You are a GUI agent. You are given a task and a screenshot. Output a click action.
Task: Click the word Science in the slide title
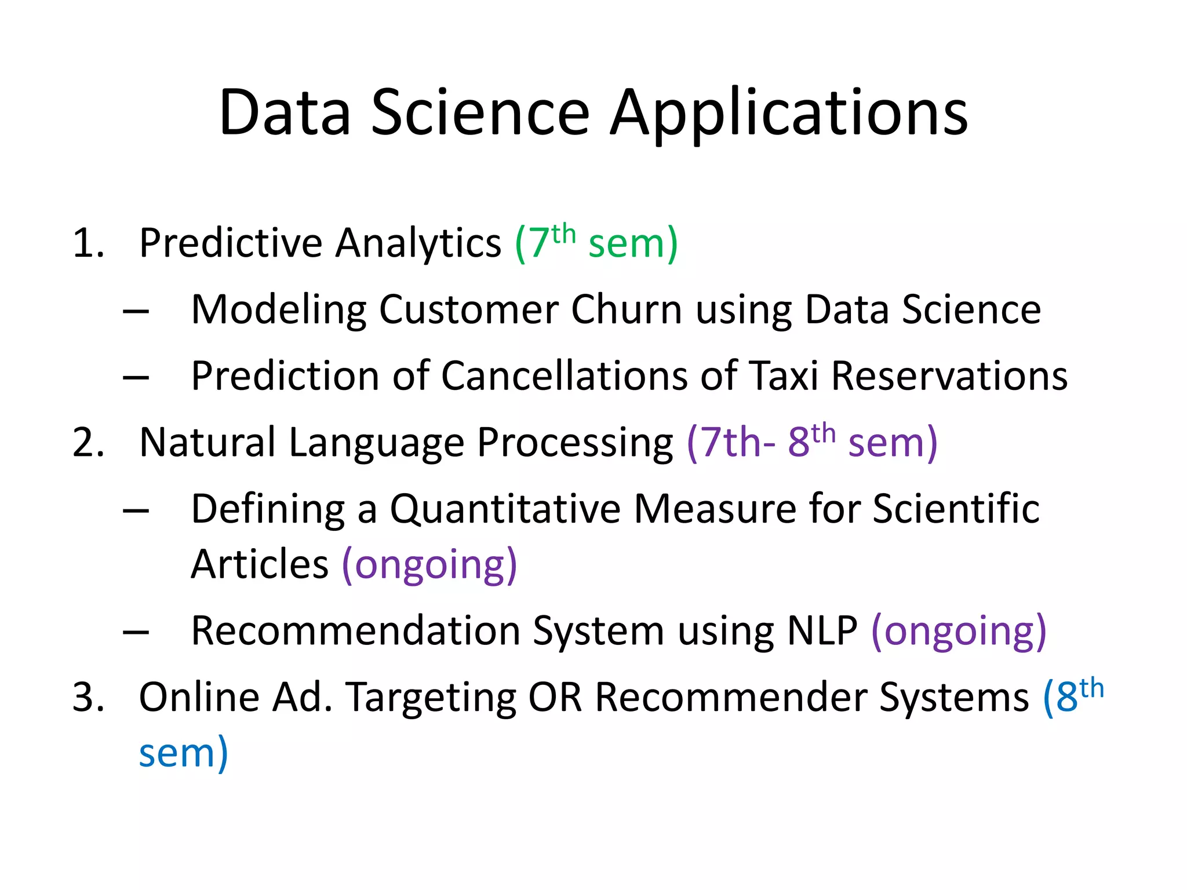tap(480, 113)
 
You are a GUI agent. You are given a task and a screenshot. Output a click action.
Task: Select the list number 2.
tap(88, 442)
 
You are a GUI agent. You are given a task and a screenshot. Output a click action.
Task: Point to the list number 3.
tap(88, 696)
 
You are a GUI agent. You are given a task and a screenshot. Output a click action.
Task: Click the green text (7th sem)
tap(596, 242)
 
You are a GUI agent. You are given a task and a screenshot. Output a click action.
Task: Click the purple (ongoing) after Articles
tap(429, 564)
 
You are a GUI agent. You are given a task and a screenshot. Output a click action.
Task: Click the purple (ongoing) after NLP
tap(959, 631)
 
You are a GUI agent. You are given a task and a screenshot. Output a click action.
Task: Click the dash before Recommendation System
tap(136, 633)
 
